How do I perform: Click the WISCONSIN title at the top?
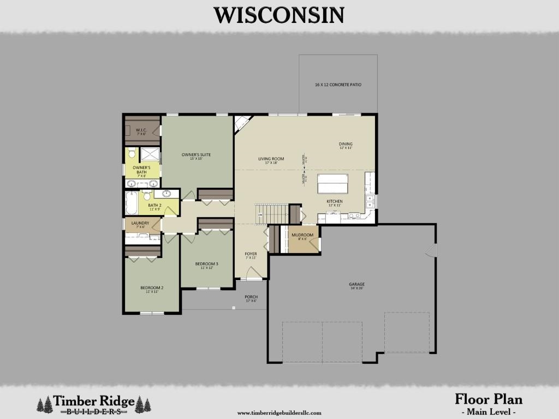pos(279,15)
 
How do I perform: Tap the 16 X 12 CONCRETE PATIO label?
pos(338,85)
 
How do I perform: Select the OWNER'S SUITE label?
pos(196,154)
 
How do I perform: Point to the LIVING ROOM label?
pos(271,159)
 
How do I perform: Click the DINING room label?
pos(346,145)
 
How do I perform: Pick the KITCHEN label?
pos(335,201)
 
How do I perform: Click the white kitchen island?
pos(332,183)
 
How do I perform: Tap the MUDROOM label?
pos(302,235)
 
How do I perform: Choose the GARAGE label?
pos(357,284)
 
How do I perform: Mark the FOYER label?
pos(251,254)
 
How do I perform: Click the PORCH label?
pos(251,297)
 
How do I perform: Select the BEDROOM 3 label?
pos(207,264)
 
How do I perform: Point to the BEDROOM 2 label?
pos(152,288)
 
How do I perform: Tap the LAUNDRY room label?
pos(140,223)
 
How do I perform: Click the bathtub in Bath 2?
pos(132,203)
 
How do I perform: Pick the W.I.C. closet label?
pos(141,130)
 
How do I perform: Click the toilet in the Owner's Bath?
pos(132,154)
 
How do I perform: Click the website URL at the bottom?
pos(279,413)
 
